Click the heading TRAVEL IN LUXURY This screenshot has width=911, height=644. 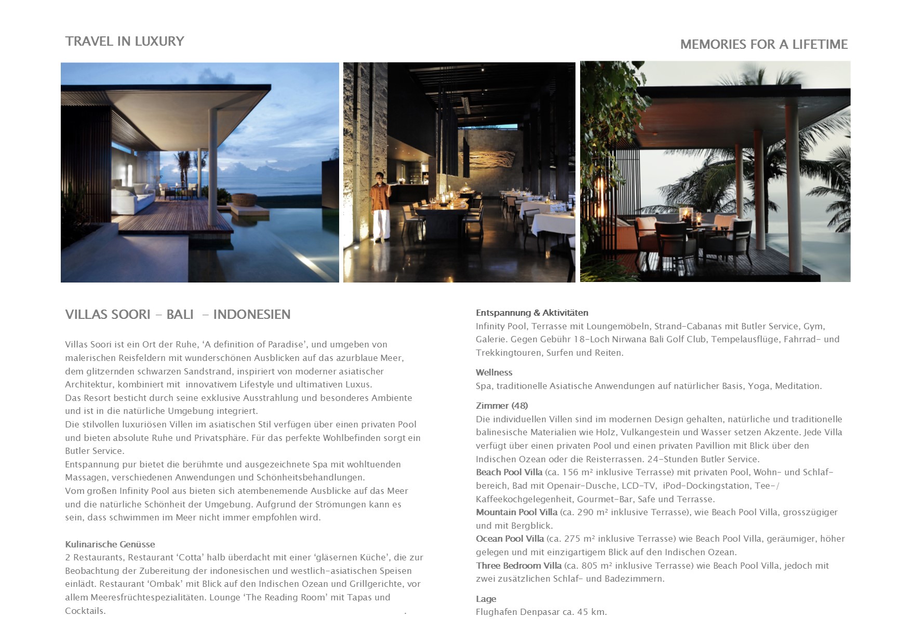(x=125, y=42)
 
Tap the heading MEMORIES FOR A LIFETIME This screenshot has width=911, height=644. (x=763, y=45)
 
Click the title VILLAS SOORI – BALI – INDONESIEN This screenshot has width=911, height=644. (x=178, y=315)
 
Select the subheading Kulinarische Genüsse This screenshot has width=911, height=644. (x=110, y=544)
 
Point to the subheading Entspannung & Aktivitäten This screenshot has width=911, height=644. (x=532, y=313)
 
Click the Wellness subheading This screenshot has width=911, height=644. (x=494, y=372)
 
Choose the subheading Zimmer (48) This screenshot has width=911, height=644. (x=502, y=406)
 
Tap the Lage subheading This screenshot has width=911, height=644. (x=486, y=599)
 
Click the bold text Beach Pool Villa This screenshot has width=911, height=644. (x=509, y=472)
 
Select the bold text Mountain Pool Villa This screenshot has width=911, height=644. (x=516, y=512)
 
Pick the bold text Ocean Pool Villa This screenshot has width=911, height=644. (x=510, y=539)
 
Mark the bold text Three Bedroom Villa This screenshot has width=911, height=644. (x=518, y=566)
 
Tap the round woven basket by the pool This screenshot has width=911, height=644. (x=242, y=199)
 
